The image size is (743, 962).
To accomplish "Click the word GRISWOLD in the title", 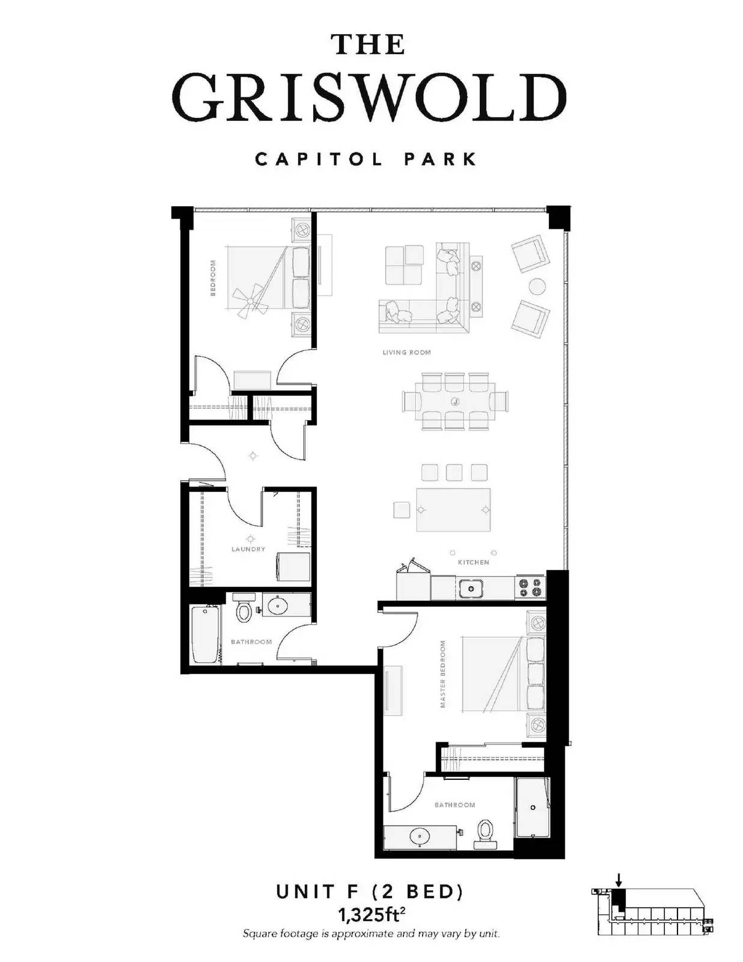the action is pyautogui.click(x=370, y=97).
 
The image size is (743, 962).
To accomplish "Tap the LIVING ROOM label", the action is pyautogui.click(x=407, y=352).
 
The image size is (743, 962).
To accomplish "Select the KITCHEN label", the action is pyautogui.click(x=474, y=562).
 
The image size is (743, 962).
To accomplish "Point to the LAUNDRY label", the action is pyautogui.click(x=248, y=549).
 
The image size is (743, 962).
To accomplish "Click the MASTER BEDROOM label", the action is pyautogui.click(x=443, y=674).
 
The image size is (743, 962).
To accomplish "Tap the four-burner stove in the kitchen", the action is pyautogui.click(x=531, y=587).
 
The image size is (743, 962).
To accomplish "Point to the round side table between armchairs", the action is pyautogui.click(x=537, y=286).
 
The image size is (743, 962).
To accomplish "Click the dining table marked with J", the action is pyautogui.click(x=455, y=401).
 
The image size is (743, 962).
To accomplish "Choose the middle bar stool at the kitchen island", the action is pyautogui.click(x=454, y=473).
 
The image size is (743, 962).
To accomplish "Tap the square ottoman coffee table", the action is pyautogui.click(x=405, y=265).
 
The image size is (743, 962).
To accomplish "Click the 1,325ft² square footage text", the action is pyautogui.click(x=371, y=913).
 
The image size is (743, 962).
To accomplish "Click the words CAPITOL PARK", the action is pyautogui.click(x=366, y=159).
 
